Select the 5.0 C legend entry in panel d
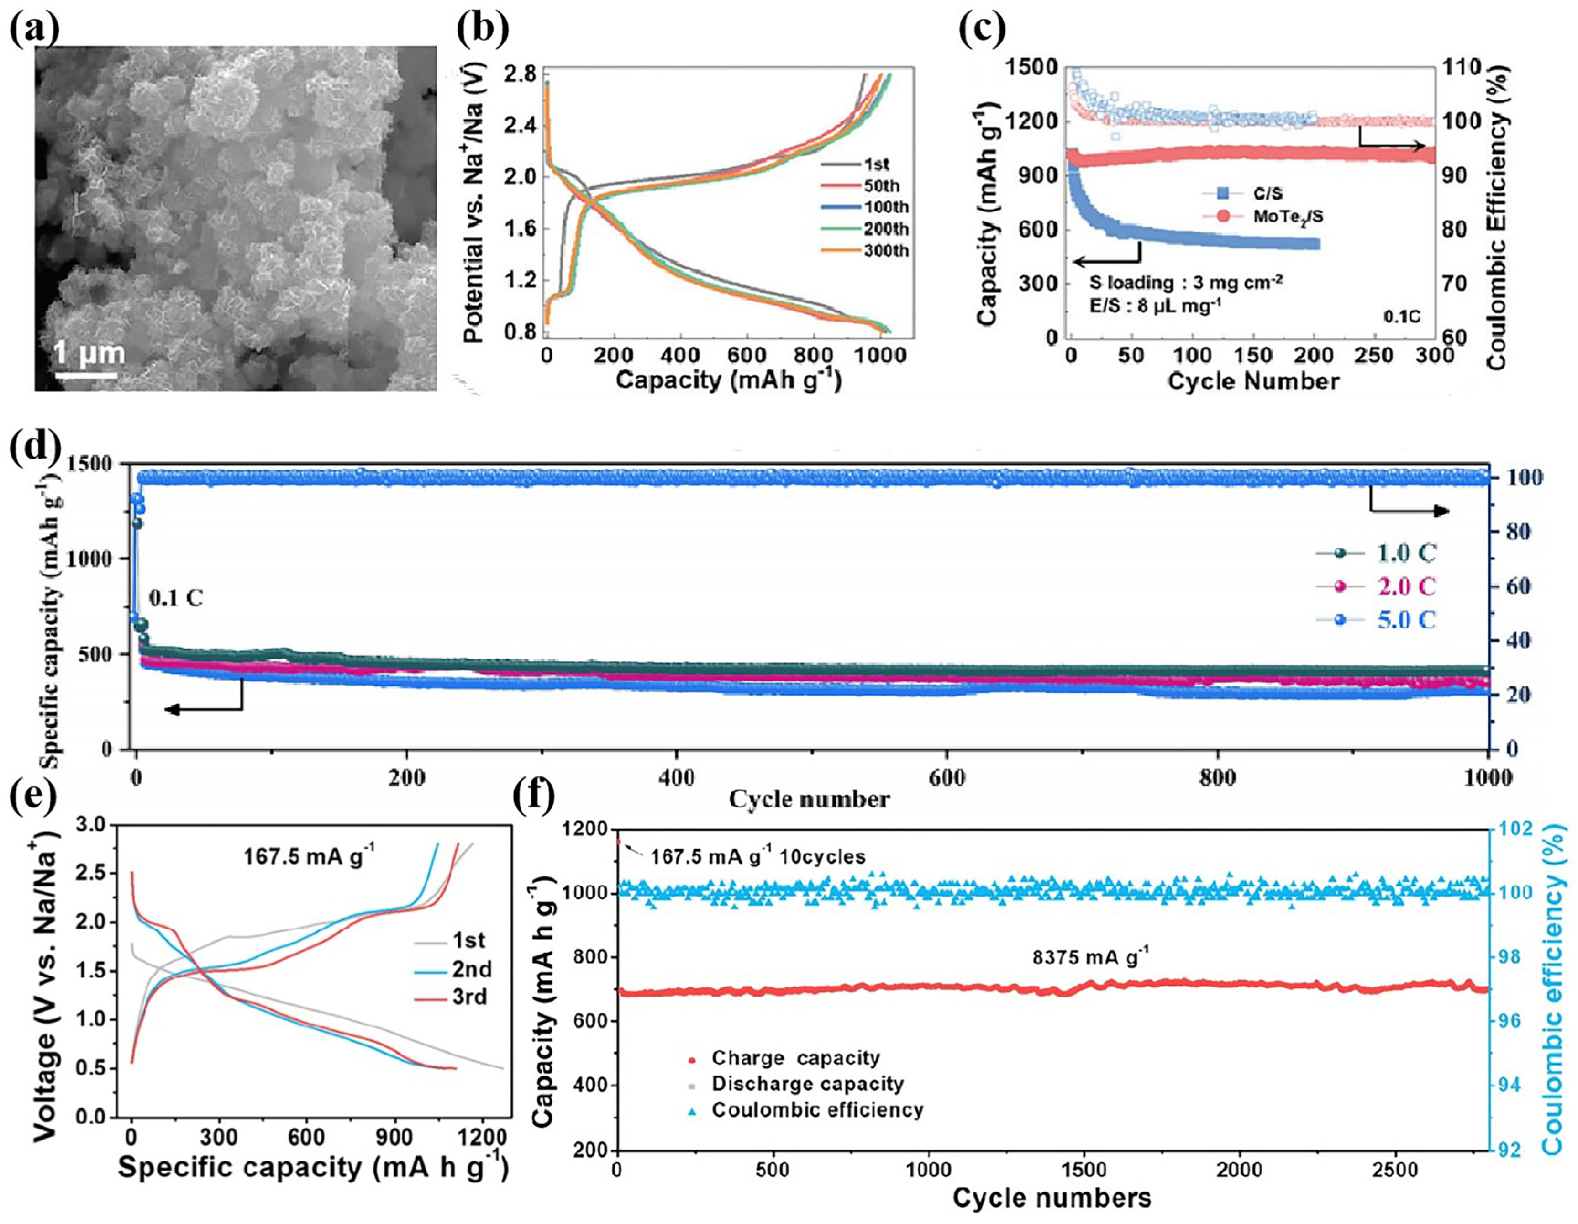click(x=1404, y=620)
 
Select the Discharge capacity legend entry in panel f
click(x=807, y=1084)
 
